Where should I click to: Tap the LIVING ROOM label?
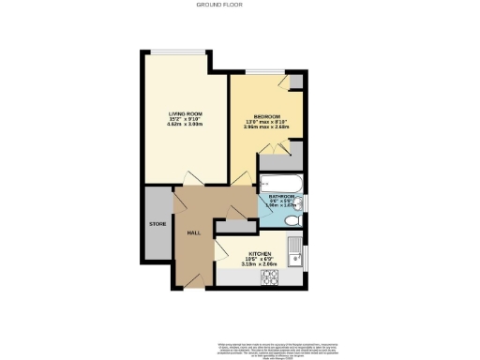(x=186, y=113)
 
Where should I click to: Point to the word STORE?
(x=157, y=225)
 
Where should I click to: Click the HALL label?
(x=194, y=232)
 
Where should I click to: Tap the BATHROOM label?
(x=282, y=196)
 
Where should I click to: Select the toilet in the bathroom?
(x=292, y=219)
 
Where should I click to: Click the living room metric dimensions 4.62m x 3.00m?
(x=186, y=125)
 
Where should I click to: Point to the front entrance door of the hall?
(x=194, y=278)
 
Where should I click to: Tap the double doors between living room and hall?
(x=192, y=178)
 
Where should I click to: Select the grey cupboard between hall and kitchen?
(x=230, y=227)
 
